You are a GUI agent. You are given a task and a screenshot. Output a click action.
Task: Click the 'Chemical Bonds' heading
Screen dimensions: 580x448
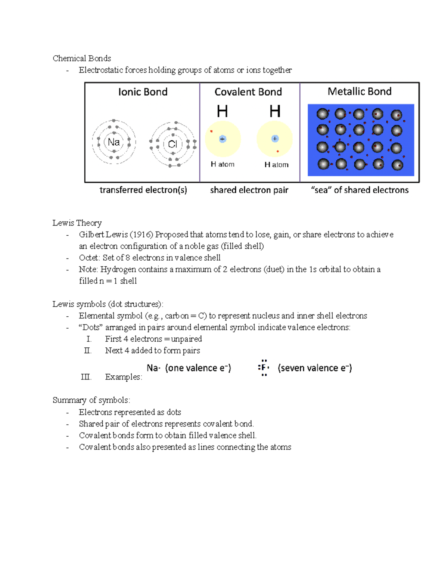click(82, 58)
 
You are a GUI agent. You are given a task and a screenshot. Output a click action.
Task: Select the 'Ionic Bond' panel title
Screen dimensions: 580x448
click(143, 92)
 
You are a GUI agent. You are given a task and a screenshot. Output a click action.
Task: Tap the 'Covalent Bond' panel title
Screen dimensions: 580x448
click(248, 92)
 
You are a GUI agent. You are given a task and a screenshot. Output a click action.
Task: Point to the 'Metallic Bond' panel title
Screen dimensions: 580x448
click(360, 92)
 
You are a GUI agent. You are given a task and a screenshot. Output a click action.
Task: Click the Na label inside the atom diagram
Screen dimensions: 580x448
click(113, 142)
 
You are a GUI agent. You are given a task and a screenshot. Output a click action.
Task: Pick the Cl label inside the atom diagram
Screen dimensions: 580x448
click(172, 144)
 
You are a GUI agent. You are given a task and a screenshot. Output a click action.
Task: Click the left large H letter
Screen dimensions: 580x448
click(222, 111)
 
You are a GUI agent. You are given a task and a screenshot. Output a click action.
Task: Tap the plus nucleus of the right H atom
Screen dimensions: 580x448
click(275, 139)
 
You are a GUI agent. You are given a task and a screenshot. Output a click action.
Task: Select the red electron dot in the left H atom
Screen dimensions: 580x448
click(211, 131)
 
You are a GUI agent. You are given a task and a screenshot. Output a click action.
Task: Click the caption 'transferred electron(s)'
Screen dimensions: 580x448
click(143, 190)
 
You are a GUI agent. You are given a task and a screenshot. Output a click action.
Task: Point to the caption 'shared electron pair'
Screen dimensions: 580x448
click(249, 190)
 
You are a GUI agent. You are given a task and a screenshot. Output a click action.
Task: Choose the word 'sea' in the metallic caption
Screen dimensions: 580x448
click(321, 190)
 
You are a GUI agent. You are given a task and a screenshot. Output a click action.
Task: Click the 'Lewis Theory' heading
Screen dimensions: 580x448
click(77, 223)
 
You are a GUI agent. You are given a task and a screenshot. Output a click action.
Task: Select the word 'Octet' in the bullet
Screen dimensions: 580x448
click(89, 258)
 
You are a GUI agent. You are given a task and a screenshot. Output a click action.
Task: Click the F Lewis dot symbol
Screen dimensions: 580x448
click(264, 368)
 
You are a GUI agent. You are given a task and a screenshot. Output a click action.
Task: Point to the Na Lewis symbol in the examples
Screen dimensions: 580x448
click(153, 368)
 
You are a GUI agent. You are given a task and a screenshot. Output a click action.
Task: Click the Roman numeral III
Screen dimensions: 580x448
click(86, 377)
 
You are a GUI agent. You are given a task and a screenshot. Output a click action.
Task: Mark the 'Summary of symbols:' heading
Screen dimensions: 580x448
click(91, 400)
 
